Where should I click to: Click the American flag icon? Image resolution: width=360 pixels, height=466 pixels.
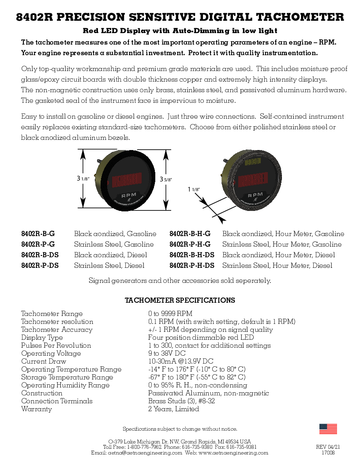click(x=328, y=429)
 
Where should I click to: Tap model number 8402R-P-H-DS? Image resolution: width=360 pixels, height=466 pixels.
click(x=192, y=266)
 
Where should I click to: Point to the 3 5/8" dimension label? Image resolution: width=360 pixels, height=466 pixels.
click(x=166, y=180)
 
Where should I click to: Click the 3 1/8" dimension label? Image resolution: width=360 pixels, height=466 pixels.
click(x=83, y=179)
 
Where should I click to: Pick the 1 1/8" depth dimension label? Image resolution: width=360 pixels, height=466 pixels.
click(x=194, y=189)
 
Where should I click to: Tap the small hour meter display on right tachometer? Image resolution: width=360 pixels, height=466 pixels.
click(x=253, y=162)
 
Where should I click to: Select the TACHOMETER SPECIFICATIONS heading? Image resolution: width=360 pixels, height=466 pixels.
click(x=180, y=301)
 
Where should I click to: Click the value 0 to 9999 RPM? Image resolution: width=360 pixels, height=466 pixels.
click(x=170, y=314)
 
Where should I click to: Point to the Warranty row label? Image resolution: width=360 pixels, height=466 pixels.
click(x=37, y=409)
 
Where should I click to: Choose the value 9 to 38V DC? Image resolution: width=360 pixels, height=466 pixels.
click(x=167, y=353)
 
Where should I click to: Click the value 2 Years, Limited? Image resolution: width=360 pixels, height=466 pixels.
click(x=173, y=409)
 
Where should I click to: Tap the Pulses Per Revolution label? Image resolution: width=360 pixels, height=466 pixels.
click(x=56, y=346)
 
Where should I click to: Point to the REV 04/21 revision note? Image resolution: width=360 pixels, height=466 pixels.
click(x=328, y=447)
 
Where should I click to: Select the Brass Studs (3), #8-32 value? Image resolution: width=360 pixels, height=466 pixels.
click(x=181, y=401)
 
